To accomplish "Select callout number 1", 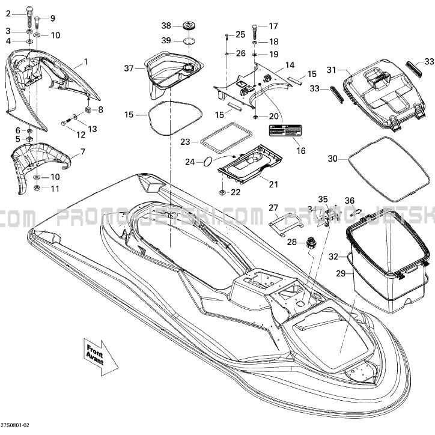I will click(86, 61).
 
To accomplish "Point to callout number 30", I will click(332, 159).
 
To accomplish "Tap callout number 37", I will click(128, 68).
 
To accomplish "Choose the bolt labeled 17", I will click(255, 29).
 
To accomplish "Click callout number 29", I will click(341, 273).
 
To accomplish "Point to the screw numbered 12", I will click(64, 123).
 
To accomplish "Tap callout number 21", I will click(273, 184).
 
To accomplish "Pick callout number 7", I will click(83, 151).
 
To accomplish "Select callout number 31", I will click(330, 70).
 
